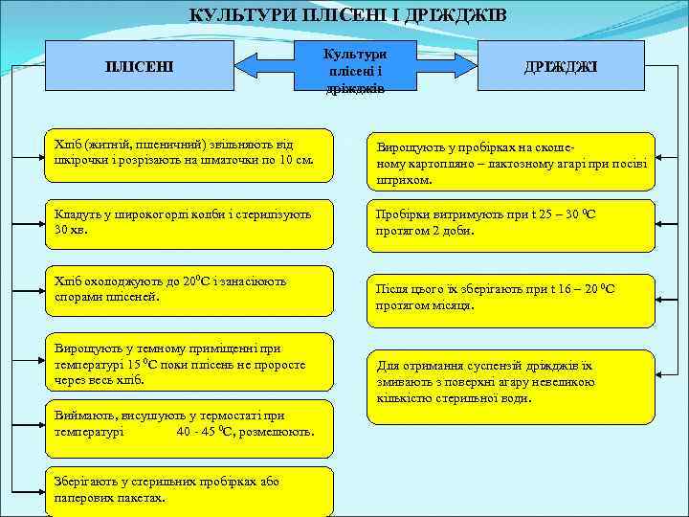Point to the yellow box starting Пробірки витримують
(x=511, y=225)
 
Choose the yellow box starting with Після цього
(x=511, y=298)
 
